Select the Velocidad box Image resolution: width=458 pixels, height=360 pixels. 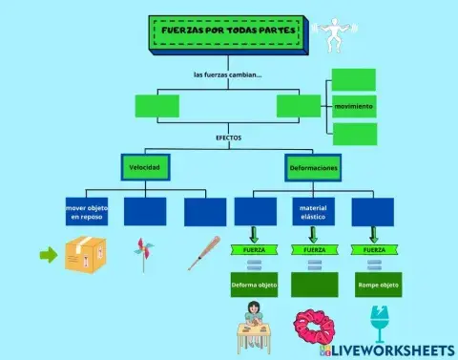point(145,168)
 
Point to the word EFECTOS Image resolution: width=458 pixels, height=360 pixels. point(229,138)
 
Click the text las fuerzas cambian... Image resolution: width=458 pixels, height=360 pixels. point(228,74)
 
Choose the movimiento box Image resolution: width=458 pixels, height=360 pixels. point(354,106)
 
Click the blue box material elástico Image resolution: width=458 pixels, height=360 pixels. point(313,212)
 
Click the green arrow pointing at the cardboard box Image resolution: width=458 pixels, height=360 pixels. point(48,255)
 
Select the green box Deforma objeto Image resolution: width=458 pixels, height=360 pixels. point(254,284)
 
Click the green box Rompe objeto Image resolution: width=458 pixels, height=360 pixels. point(372,284)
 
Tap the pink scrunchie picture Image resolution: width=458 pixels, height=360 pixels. point(311,327)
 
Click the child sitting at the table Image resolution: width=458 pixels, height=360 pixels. point(254,323)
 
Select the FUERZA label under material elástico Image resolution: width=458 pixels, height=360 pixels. point(313,249)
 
